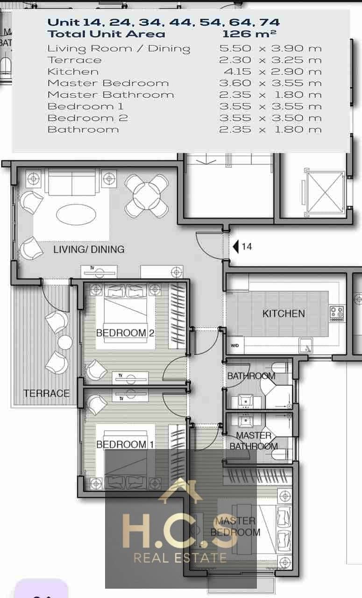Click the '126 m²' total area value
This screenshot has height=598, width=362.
pos(249,34)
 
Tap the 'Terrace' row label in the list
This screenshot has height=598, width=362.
pos(74,60)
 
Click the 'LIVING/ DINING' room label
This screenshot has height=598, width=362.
pos(89,249)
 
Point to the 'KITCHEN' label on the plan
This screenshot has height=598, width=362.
pos(284,313)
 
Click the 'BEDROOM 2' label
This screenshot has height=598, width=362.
pos(125,333)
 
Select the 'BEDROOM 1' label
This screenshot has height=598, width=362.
pos(125,444)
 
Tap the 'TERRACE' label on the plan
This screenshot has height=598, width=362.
pos(46,393)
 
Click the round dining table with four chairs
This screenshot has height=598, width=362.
pos(147,196)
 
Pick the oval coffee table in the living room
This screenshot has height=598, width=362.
pos(76,214)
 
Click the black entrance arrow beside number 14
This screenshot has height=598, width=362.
pos(235,247)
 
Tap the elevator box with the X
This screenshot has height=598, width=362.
pos(325,192)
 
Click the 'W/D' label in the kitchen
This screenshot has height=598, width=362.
pos(234,345)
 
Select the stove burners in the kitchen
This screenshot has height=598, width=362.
pos(337,313)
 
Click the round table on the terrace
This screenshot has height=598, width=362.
pos(65,342)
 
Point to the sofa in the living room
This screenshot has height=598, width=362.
pos(72,182)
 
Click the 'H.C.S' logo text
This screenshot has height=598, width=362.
pos(180,531)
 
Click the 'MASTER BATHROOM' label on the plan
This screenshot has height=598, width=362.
pos(254,441)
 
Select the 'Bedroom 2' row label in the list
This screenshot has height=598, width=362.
pos(88,118)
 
